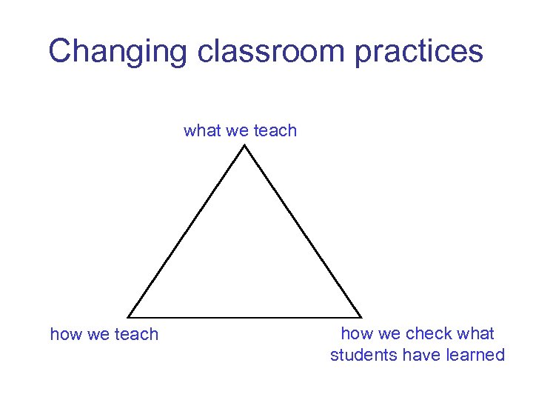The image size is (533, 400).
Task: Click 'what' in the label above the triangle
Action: click(x=201, y=131)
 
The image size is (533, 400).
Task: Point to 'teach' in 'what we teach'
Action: click(x=275, y=131)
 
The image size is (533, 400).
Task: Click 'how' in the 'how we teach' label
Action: click(x=66, y=334)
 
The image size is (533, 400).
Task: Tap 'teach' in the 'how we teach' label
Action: click(x=136, y=334)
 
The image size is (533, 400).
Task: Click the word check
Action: click(x=429, y=333)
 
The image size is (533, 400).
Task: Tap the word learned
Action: click(x=475, y=355)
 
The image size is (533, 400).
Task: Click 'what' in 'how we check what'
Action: click(x=476, y=333)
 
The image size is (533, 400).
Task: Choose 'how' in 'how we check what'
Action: click(x=357, y=333)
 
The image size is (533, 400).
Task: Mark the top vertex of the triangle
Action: click(x=245, y=145)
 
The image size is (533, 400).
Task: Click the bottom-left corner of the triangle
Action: click(x=128, y=317)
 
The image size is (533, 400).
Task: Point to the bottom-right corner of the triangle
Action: click(x=361, y=317)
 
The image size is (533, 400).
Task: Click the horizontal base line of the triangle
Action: click(x=244, y=317)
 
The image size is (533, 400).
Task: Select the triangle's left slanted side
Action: click(x=187, y=231)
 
